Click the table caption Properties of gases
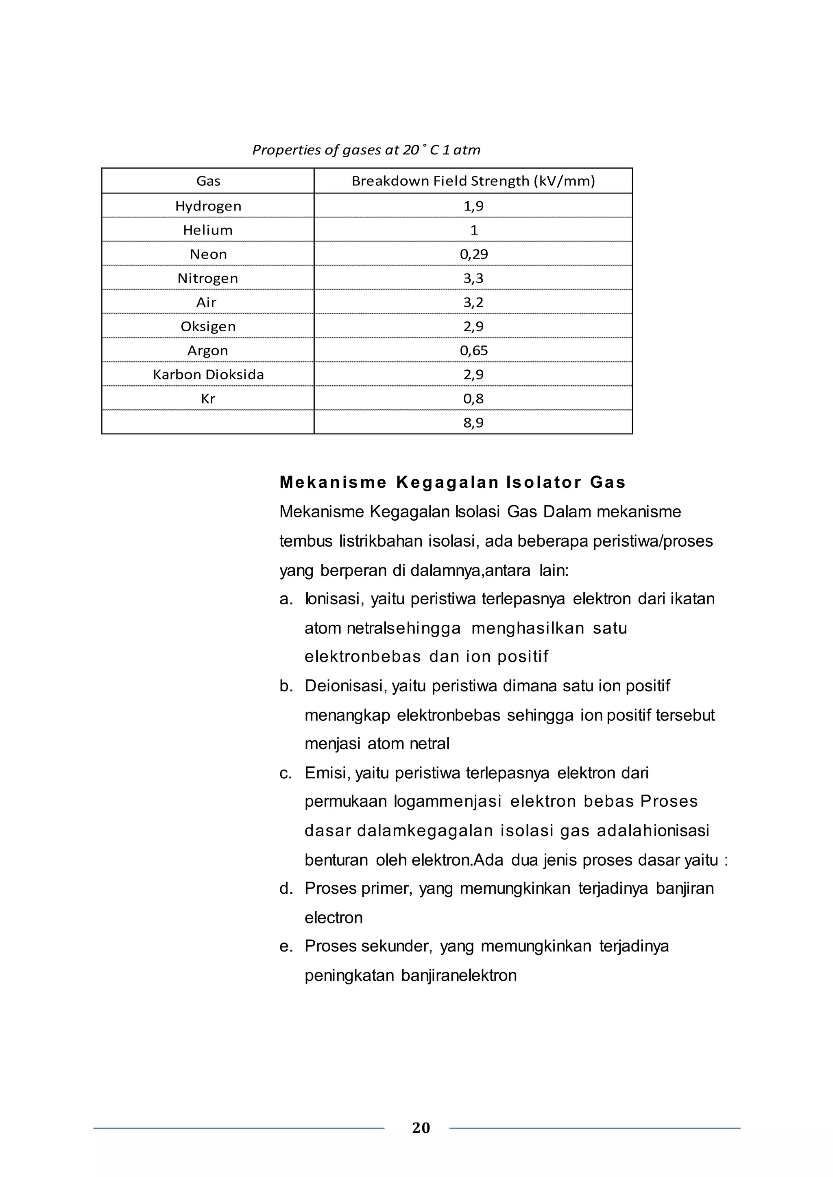tap(366, 150)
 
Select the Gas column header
tap(208, 181)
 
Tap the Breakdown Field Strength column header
tap(473, 181)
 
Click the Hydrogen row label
tap(208, 206)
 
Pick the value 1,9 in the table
tap(473, 206)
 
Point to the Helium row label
tap(208, 230)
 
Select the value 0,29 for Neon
tap(473, 254)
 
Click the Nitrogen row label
tap(208, 278)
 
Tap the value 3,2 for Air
tap(473, 302)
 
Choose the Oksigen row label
tap(208, 326)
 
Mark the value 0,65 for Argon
tap(473, 351)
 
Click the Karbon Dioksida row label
tap(208, 375)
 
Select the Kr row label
tap(208, 399)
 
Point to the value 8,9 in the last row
tap(473, 423)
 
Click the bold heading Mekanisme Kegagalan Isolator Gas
tap(452, 482)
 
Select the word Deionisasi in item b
tap(346, 686)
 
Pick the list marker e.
tap(286, 946)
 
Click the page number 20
tap(421, 1128)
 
